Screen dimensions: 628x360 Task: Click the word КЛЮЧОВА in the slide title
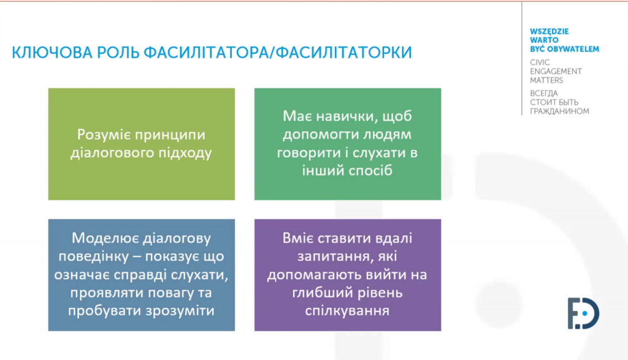point(52,53)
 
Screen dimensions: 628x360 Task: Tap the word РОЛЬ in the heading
point(118,53)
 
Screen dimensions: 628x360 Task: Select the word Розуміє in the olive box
point(103,134)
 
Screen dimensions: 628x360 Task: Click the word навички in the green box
point(347,116)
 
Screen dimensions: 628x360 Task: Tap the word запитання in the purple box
point(334,257)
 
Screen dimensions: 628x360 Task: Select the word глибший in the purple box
point(318,293)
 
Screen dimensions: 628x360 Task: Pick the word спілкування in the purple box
point(347,312)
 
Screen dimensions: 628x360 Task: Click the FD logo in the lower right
point(583,313)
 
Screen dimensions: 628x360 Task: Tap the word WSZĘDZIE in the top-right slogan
point(549,32)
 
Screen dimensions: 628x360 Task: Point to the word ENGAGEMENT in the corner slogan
point(556,71)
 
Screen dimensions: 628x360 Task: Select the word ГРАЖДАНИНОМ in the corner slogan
point(559,112)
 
